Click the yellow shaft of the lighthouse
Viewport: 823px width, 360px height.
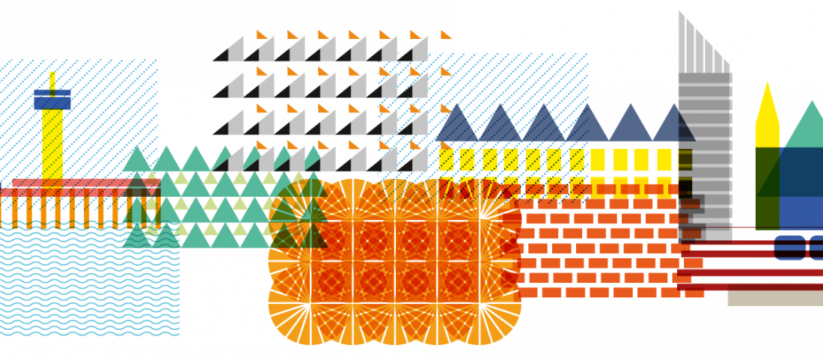[x=52, y=142]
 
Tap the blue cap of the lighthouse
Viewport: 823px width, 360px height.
[x=52, y=99]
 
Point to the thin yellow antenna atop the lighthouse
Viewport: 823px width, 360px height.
[x=52, y=80]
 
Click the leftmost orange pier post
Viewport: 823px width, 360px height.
[x=14, y=212]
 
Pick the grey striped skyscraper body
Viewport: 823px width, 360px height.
[x=705, y=150]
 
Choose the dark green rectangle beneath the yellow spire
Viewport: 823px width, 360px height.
[x=767, y=187]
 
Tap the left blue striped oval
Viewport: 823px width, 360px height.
[x=789, y=247]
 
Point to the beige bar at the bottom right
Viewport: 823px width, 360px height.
[x=774, y=298]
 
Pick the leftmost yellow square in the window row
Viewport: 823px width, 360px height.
[x=446, y=159]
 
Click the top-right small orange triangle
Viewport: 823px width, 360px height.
[x=446, y=34]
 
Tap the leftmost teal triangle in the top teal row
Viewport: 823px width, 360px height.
[x=136, y=162]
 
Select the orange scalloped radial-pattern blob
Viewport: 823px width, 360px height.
[x=394, y=262]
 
